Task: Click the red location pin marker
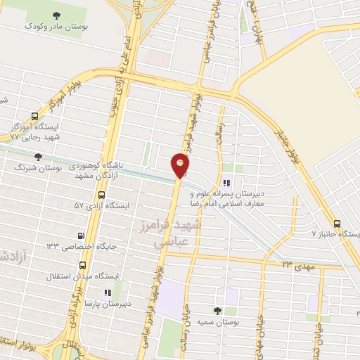[x=181, y=166]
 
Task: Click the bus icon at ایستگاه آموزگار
[x=35, y=117]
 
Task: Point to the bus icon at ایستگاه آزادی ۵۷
[x=102, y=195]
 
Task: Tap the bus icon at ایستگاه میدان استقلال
[x=83, y=266]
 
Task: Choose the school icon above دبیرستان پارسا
[x=107, y=292]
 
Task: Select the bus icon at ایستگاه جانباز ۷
[x=338, y=222]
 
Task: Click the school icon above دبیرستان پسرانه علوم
[x=226, y=184]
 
